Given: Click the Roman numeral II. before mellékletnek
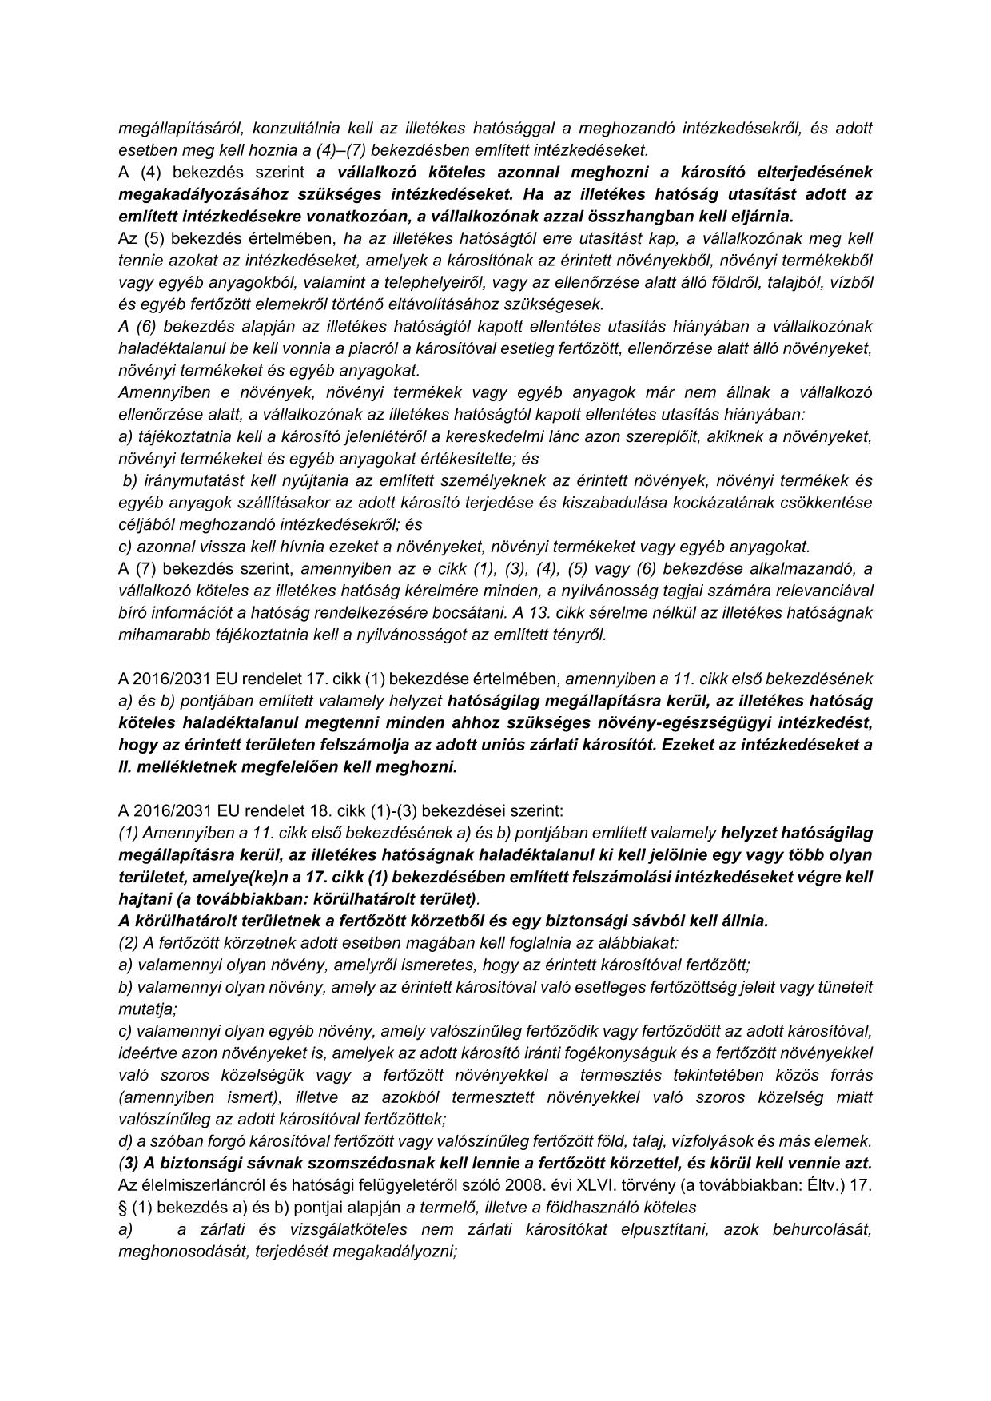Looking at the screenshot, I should coord(126,767).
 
